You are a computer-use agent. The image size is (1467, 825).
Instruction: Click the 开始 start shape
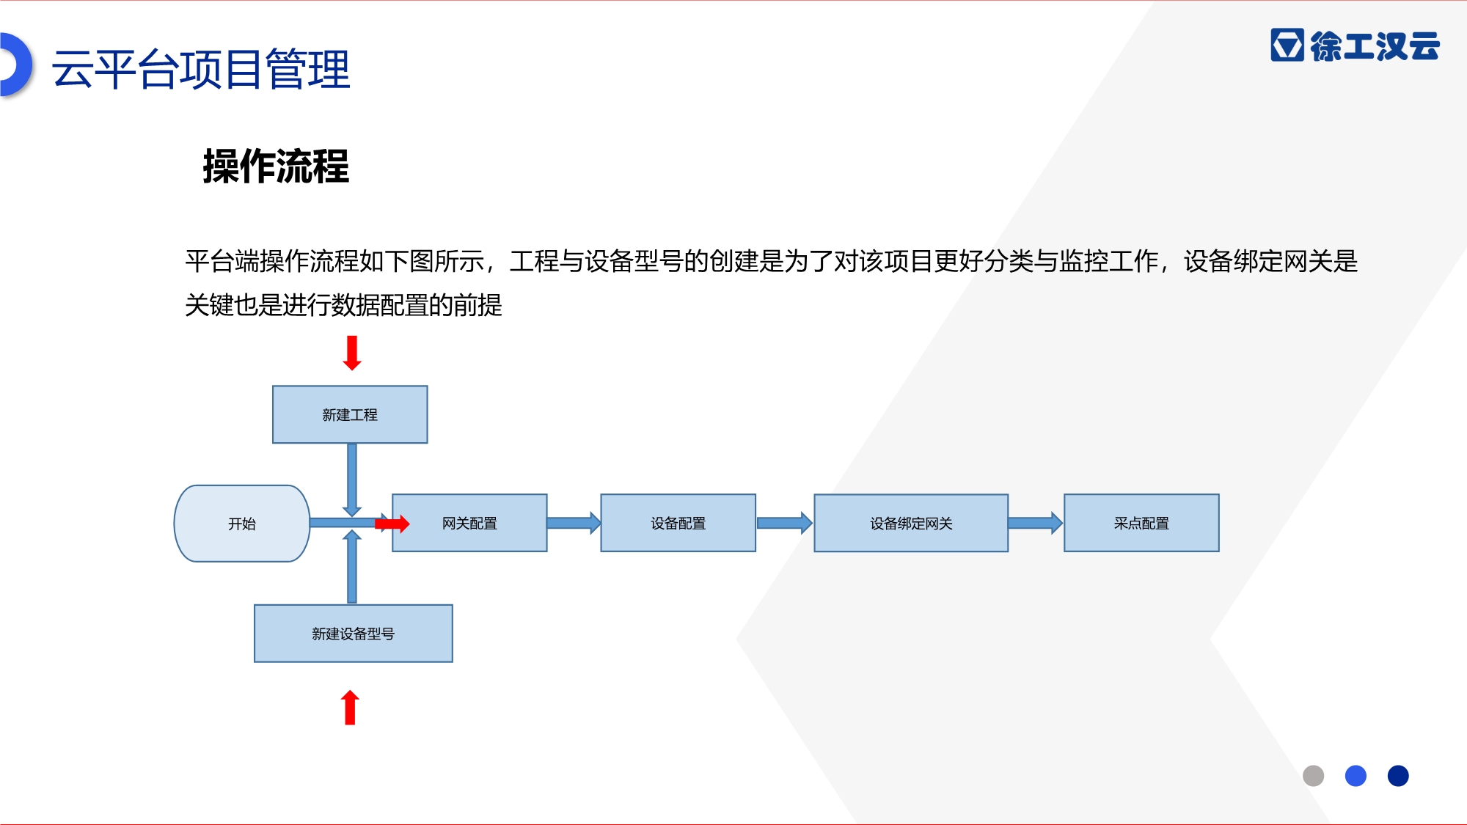point(242,524)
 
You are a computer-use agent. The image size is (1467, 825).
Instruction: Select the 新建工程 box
point(350,414)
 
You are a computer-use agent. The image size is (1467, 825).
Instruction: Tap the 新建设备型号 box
point(354,634)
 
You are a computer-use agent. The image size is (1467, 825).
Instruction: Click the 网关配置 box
point(469,523)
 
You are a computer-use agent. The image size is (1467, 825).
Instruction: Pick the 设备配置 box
point(678,523)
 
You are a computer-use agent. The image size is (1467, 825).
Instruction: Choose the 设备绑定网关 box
point(911,523)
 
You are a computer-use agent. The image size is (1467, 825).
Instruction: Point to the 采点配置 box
point(1141,523)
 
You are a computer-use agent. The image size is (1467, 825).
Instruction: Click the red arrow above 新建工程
point(352,353)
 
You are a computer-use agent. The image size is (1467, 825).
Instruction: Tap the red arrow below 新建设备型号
point(351,708)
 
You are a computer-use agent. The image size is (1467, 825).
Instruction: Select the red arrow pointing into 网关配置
point(392,524)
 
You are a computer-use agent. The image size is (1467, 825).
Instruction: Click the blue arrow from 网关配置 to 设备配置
point(574,523)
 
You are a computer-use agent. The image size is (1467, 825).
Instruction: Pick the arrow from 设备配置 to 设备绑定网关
point(785,523)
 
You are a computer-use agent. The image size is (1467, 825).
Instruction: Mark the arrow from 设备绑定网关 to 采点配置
point(1036,523)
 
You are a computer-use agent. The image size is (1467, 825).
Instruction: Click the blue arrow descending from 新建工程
point(352,480)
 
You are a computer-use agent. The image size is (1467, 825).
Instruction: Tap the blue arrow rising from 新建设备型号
point(352,567)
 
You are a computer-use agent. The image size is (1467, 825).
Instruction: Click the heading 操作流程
point(276,166)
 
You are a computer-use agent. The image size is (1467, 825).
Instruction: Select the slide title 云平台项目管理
point(201,69)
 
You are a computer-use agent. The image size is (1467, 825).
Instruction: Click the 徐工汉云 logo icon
point(1287,45)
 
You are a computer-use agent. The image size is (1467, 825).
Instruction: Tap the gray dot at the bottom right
point(1313,776)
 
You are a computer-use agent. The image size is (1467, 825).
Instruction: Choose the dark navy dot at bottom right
point(1398,776)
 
